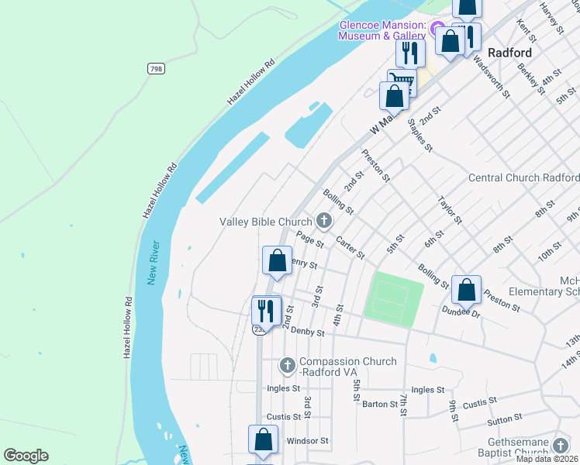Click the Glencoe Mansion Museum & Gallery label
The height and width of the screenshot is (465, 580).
382,30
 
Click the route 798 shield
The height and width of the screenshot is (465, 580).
157,69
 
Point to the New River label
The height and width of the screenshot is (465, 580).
154,263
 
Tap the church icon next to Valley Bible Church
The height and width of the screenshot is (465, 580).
323,222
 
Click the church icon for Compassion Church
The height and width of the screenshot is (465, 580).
288,364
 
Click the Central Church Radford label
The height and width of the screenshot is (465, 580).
523,177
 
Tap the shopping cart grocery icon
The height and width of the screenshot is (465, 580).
402,82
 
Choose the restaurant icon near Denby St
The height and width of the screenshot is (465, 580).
266,310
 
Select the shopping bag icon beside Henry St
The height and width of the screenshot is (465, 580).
277,260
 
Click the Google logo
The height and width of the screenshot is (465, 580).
26,456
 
